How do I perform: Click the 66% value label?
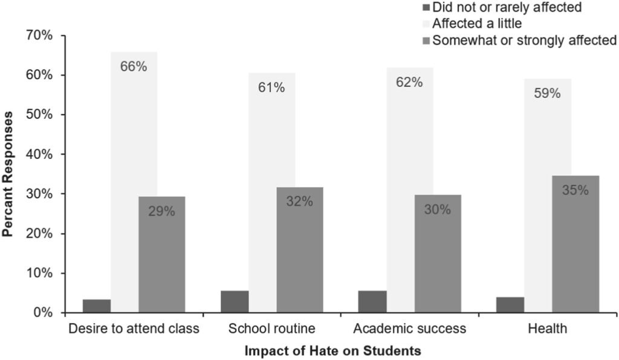pyautogui.click(x=134, y=66)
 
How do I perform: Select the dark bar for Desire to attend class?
pyautogui.click(x=97, y=306)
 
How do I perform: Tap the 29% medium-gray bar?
pyautogui.click(x=162, y=254)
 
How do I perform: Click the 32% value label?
pyautogui.click(x=299, y=202)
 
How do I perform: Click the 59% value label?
pyautogui.click(x=546, y=94)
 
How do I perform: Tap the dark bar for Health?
pyautogui.click(x=510, y=304)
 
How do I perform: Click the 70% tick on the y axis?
pyautogui.click(x=39, y=36)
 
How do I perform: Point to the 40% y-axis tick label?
pyautogui.click(x=39, y=155)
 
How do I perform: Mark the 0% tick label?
pyautogui.click(x=42, y=313)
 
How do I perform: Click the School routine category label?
pyautogui.click(x=272, y=329)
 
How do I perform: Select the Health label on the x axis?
pyautogui.click(x=547, y=329)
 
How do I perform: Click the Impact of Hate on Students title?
pyautogui.click(x=332, y=350)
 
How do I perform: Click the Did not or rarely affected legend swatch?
pyautogui.click(x=426, y=8)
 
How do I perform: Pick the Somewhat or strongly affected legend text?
pyautogui.click(x=524, y=40)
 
